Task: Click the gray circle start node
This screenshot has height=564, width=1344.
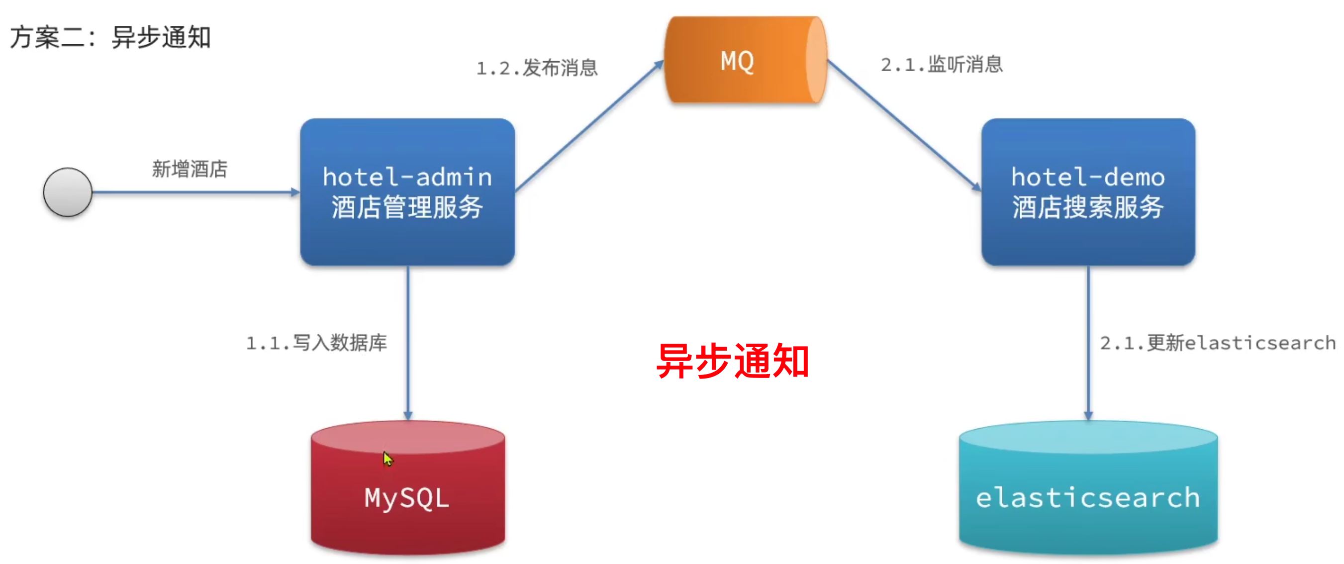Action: coord(68,192)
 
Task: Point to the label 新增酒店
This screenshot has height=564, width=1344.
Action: coord(190,169)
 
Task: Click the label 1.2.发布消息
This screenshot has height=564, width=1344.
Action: coord(537,68)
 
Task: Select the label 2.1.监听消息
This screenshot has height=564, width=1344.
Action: coord(942,65)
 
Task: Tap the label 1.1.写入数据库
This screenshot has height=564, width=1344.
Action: coord(317,343)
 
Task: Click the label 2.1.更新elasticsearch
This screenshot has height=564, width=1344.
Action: coord(1218,343)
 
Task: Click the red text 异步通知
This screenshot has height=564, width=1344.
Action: coord(733,361)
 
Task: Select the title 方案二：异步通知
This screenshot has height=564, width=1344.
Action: coord(110,38)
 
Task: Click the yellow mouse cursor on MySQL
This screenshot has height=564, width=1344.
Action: coord(387,459)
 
